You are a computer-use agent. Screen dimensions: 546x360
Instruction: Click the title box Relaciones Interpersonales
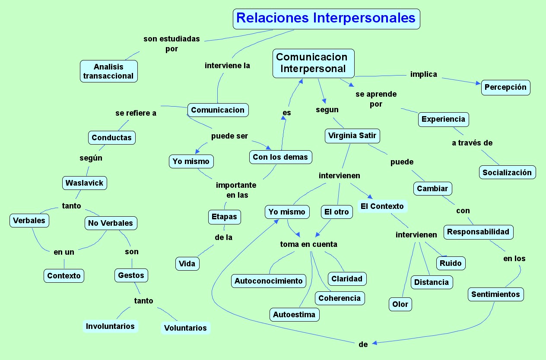tap(326, 19)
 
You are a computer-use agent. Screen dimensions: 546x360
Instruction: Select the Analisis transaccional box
tap(109, 71)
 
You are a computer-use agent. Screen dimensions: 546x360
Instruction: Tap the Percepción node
tap(505, 87)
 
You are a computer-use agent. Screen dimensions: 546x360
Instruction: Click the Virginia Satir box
tap(352, 136)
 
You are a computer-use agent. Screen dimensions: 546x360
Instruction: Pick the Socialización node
tap(507, 173)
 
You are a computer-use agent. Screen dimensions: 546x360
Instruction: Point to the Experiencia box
tap(443, 119)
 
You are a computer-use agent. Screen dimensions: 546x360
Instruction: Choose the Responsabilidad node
tap(478, 232)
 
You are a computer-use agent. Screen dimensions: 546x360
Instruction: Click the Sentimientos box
tap(495, 294)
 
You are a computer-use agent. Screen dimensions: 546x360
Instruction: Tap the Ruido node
tap(451, 263)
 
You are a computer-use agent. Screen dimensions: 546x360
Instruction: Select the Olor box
tap(400, 304)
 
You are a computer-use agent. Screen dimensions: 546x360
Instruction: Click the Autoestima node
tap(294, 314)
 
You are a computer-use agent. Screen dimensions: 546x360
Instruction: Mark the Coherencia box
tap(340, 298)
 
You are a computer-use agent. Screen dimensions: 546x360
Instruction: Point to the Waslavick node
tap(84, 183)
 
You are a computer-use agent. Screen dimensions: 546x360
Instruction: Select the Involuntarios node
tap(110, 326)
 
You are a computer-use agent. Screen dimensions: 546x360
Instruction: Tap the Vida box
tap(187, 264)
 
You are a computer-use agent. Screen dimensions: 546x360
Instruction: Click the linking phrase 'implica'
tap(423, 74)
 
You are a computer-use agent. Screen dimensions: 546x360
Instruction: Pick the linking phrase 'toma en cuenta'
tap(308, 244)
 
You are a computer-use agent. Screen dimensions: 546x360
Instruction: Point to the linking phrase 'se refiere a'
tap(136, 113)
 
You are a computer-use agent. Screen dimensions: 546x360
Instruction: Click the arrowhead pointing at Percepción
tap(478, 83)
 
